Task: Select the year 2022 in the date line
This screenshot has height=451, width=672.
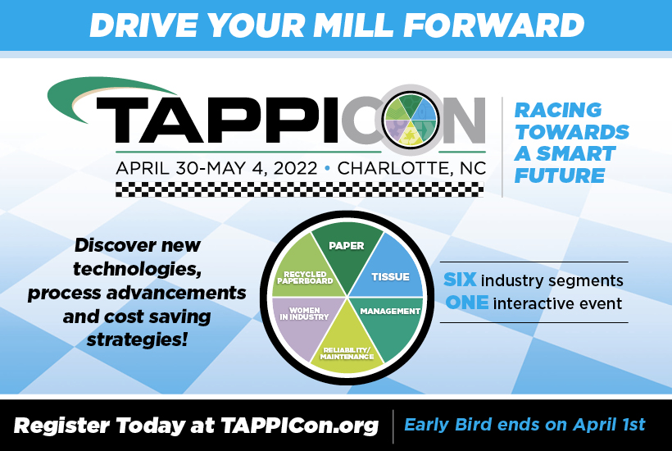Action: (x=289, y=168)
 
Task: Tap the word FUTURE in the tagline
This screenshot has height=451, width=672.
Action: (x=559, y=175)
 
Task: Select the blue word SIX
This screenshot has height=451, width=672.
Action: (x=460, y=280)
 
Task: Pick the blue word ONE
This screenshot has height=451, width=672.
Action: (x=467, y=303)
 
